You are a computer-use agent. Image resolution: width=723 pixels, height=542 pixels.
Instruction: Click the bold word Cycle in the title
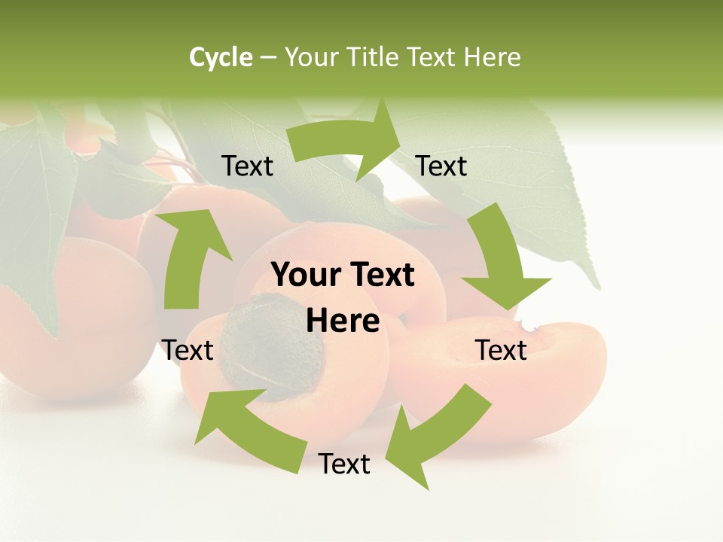[221, 57]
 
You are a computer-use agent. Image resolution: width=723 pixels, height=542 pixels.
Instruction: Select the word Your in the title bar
[311, 57]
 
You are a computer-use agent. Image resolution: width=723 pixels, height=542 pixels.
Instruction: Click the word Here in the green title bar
[493, 57]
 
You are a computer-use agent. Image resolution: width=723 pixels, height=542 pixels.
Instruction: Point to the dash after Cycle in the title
[267, 58]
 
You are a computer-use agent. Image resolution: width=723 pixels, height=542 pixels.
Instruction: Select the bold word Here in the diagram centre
[343, 321]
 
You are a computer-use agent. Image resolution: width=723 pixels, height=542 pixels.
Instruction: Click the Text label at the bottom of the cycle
[344, 464]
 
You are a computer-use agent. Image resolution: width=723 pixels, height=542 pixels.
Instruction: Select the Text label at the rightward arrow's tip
[441, 166]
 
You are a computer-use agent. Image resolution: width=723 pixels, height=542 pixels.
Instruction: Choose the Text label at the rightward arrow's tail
[247, 166]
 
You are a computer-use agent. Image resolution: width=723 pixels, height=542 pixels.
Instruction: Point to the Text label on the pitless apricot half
[502, 350]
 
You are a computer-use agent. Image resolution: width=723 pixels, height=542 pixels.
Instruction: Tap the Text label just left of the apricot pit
[188, 350]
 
